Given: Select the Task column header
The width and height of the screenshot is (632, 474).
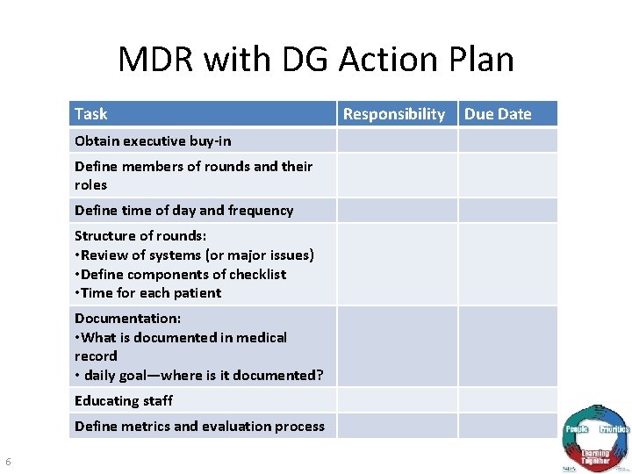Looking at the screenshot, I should [91, 114].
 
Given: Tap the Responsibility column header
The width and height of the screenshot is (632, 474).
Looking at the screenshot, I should [394, 114].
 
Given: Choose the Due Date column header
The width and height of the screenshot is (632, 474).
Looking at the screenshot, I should [498, 114].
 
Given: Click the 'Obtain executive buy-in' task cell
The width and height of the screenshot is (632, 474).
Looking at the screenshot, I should [153, 140].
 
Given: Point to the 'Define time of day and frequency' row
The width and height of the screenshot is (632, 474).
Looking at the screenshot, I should [183, 211].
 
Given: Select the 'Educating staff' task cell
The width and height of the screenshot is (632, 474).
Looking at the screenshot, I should [124, 401].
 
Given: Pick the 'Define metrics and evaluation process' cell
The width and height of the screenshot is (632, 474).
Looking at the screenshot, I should [199, 427].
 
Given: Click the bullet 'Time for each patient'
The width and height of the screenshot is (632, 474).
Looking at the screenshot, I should [150, 293].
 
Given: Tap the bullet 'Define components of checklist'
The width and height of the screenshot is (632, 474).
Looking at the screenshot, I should [183, 274].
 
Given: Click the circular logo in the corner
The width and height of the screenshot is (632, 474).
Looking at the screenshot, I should [595, 439].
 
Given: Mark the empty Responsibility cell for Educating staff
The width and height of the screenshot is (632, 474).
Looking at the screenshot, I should [398, 401].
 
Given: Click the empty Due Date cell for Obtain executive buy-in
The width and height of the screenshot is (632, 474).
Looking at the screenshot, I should [507, 140].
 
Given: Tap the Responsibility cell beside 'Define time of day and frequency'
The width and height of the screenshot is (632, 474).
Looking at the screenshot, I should [398, 211].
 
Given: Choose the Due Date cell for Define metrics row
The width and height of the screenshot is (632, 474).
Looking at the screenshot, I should [507, 427].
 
